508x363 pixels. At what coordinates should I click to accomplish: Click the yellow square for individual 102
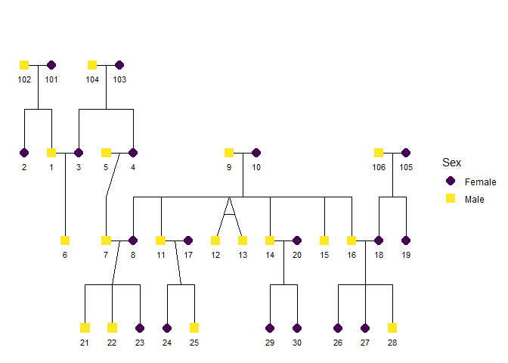[x=24, y=65]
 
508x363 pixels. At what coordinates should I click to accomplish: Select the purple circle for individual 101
[x=51, y=65]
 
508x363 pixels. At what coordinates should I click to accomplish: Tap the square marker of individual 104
[x=92, y=65]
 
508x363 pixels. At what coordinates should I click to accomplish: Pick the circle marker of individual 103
[x=119, y=65]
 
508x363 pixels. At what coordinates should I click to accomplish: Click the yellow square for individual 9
[x=229, y=153]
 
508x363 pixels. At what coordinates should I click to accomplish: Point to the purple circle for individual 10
[x=256, y=153]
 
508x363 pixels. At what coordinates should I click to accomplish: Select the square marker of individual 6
[x=65, y=240]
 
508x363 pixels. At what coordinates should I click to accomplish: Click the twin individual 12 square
[x=215, y=240]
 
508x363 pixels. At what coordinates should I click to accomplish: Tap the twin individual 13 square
[x=243, y=240]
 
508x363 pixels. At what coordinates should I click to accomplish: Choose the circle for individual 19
[x=406, y=240]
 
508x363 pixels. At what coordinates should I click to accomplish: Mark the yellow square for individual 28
[x=392, y=328]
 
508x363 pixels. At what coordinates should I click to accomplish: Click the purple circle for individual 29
[x=270, y=328]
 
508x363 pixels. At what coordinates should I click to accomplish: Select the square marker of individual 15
[x=324, y=240]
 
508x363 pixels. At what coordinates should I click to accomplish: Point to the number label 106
[x=379, y=167]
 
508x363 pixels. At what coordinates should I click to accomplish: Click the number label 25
[x=194, y=343]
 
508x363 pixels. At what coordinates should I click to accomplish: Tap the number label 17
[x=188, y=255]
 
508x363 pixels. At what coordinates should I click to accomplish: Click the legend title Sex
[x=451, y=163]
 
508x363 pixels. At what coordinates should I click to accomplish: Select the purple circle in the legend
[x=451, y=181]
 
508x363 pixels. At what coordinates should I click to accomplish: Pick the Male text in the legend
[x=475, y=199]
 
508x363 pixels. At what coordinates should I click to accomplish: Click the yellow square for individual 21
[x=85, y=328]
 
